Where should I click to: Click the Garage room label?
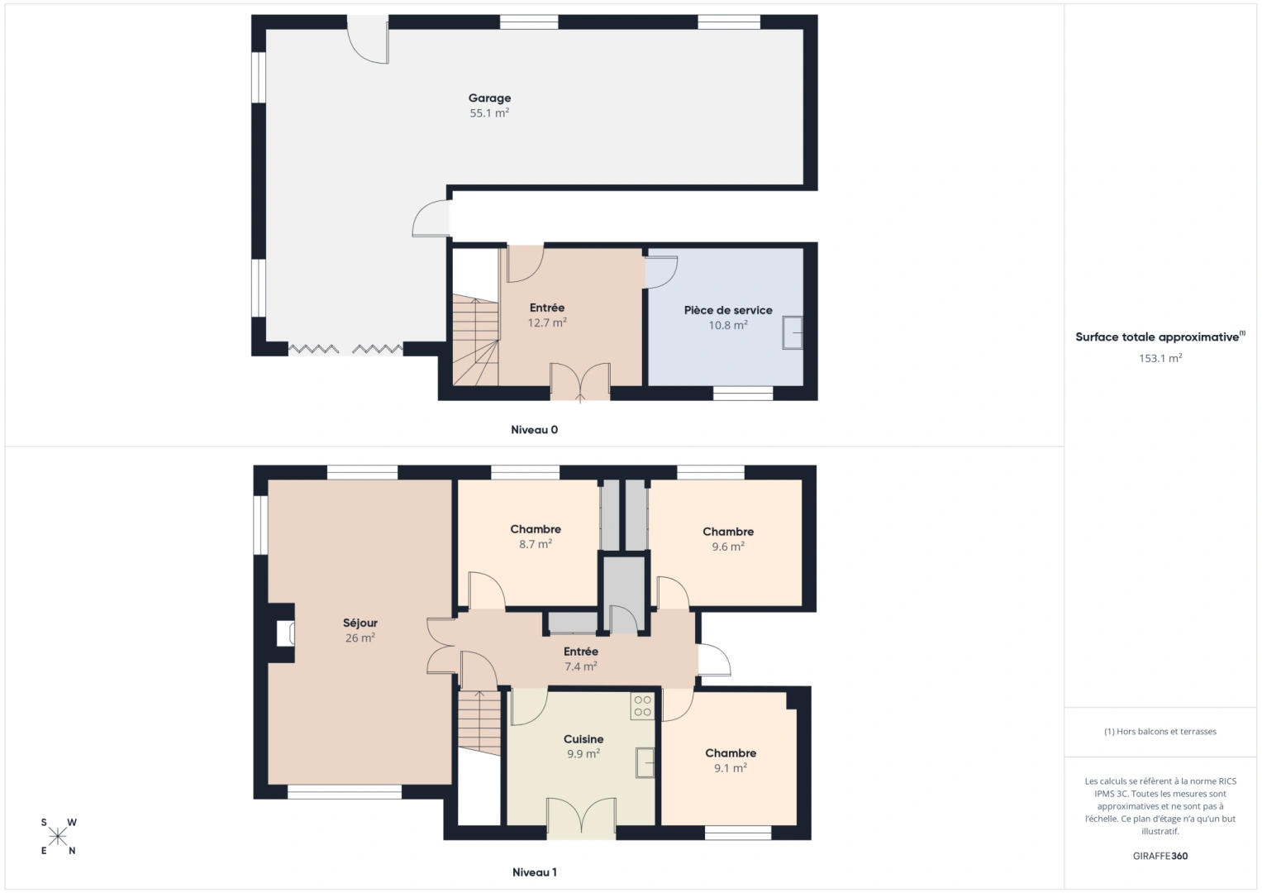click(489, 98)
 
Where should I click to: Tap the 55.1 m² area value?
click(489, 113)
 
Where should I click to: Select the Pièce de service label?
click(728, 310)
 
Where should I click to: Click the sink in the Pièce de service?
click(793, 332)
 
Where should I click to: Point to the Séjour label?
click(360, 623)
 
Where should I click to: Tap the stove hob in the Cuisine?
click(642, 706)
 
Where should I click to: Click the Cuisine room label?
click(583, 739)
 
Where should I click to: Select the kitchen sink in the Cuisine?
click(645, 762)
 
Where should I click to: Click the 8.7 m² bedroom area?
click(536, 545)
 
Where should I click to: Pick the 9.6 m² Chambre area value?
click(728, 547)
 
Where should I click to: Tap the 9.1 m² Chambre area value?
click(731, 768)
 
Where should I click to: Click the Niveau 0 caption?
click(534, 430)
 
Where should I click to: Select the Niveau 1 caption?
click(534, 872)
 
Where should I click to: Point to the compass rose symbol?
click(58, 836)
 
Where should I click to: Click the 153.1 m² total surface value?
click(1160, 358)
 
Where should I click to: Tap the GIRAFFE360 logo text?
click(1160, 856)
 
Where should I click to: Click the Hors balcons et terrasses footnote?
click(1160, 732)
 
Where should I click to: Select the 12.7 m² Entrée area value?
click(547, 323)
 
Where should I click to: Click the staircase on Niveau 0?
click(475, 343)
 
